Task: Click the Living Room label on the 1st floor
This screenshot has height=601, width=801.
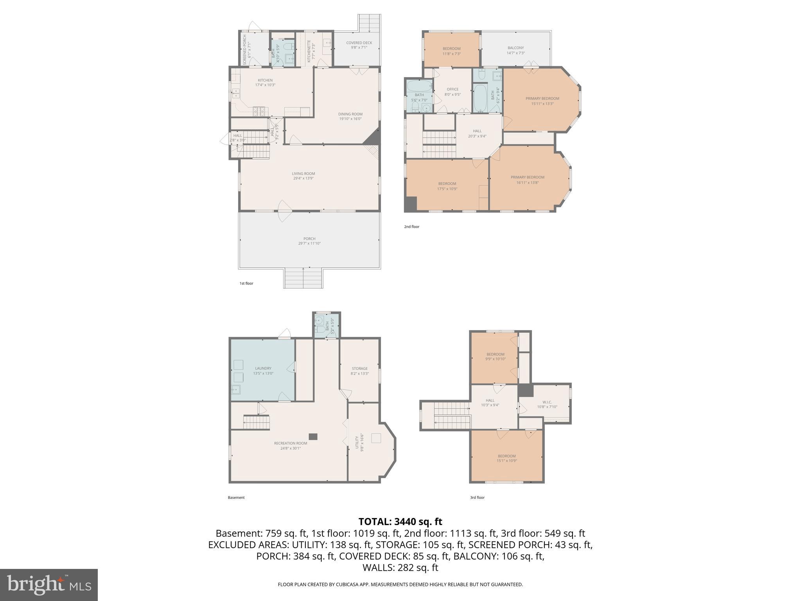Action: [x=303, y=174]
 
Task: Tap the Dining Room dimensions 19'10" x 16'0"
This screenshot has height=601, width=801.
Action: [x=350, y=119]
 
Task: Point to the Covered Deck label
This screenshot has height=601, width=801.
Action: [x=359, y=43]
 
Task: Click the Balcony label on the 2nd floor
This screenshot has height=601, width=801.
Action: [x=515, y=48]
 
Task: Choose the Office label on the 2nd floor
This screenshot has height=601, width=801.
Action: [x=453, y=90]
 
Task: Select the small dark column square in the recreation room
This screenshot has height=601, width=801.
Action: [x=313, y=437]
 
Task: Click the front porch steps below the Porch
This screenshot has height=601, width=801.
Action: [x=304, y=278]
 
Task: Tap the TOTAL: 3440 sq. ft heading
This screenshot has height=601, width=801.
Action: [x=400, y=522]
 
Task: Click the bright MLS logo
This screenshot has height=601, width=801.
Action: [x=49, y=585]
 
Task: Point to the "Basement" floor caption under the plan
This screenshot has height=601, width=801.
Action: [x=236, y=498]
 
